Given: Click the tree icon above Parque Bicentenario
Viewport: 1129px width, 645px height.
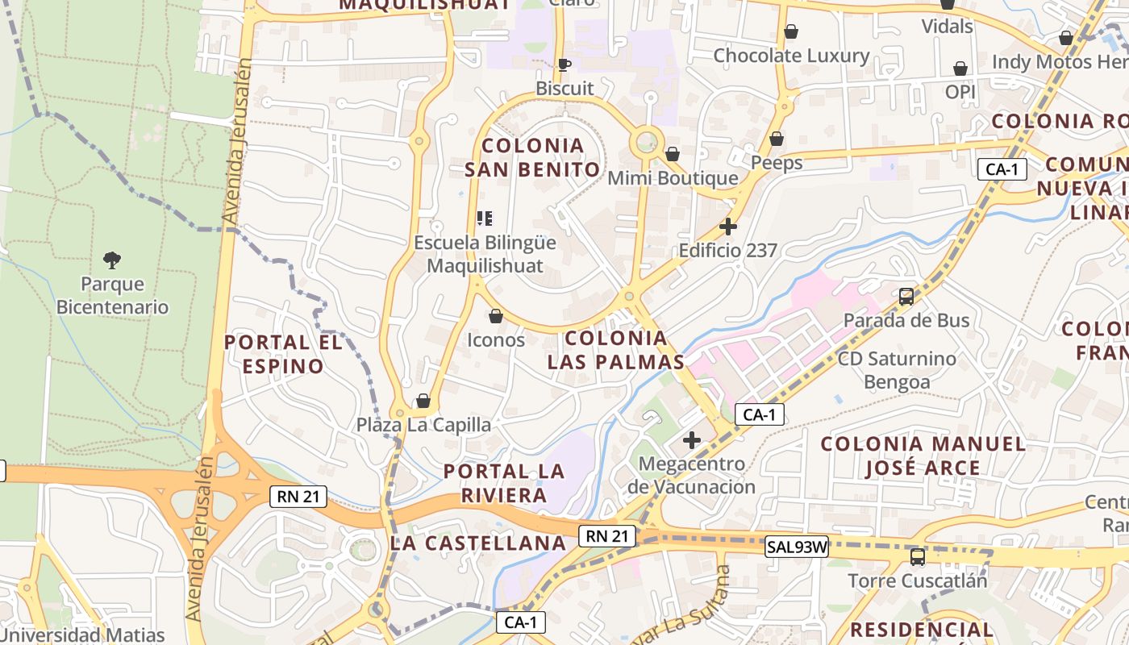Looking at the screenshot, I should coord(112,260).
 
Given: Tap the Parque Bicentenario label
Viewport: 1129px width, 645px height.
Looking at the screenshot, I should coord(112,296).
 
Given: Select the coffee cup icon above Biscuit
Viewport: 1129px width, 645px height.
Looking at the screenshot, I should coord(564,64).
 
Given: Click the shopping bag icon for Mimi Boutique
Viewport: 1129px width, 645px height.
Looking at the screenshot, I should coord(672,154).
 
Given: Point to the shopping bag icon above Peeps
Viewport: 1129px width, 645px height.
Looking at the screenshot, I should coord(777,139).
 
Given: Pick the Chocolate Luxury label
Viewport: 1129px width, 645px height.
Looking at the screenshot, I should coord(791,56).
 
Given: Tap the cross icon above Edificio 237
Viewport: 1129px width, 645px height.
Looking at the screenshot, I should coord(728,227).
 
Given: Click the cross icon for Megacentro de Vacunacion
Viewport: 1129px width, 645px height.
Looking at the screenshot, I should coord(692,440).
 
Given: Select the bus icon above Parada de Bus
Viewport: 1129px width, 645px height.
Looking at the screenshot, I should coord(906,296).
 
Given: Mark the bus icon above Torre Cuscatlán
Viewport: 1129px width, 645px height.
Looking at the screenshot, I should coord(918,556).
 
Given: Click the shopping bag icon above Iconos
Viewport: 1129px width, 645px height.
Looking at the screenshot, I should coord(496,316).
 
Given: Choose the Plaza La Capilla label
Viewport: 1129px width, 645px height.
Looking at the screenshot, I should coord(423,425).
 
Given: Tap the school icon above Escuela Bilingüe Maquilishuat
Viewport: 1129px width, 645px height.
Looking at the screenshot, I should coord(485,218).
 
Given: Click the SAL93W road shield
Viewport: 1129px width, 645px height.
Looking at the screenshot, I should coord(797,547).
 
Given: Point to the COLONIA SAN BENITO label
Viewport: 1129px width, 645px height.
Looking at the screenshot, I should coord(532,157).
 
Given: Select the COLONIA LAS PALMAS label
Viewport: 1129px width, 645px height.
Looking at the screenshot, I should coord(616,350).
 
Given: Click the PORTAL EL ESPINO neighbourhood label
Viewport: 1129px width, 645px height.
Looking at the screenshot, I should coord(283,354).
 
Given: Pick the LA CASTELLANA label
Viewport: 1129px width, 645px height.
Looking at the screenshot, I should coord(478,543).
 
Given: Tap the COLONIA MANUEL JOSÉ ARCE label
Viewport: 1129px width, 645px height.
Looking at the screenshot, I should coord(923,456).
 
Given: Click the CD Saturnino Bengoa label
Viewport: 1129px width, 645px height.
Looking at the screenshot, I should coord(897,370).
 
